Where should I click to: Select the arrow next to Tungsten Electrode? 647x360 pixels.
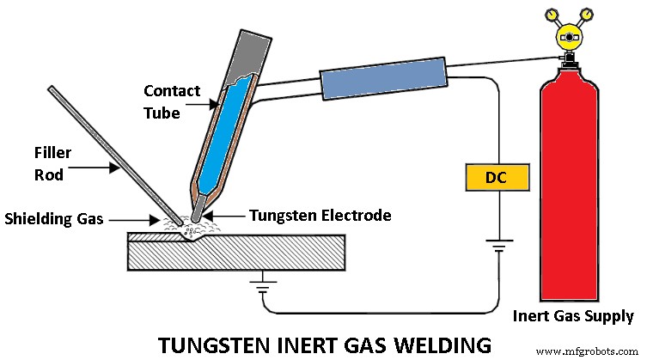click(223, 215)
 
